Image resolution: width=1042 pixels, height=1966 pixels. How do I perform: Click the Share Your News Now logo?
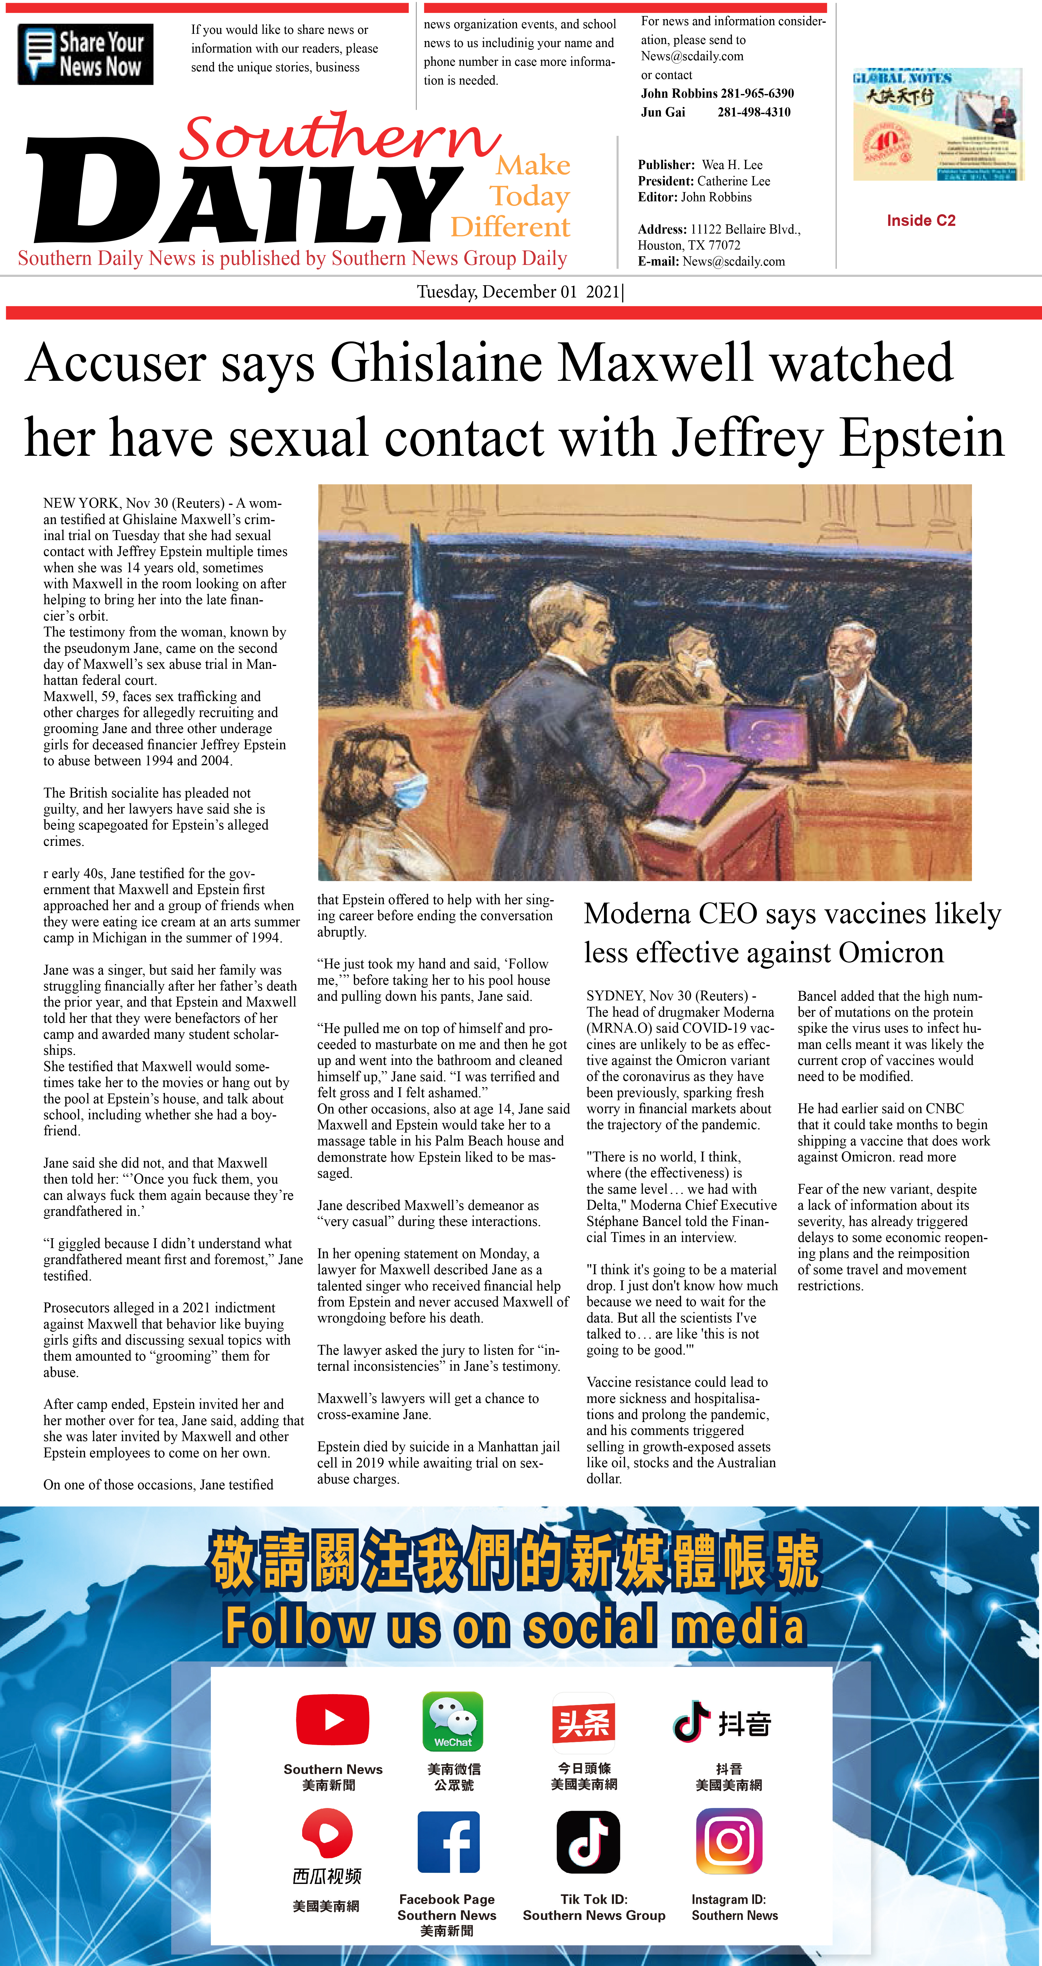85,54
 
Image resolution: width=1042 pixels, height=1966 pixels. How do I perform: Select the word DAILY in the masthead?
244,191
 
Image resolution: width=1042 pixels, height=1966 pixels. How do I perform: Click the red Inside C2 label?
921,221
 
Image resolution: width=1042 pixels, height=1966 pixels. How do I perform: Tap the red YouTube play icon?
333,1720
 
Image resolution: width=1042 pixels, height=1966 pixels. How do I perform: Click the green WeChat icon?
453,1721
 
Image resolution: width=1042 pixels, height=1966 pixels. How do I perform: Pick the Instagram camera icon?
729,1841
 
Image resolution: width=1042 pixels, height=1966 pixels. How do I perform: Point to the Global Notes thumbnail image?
937,124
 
